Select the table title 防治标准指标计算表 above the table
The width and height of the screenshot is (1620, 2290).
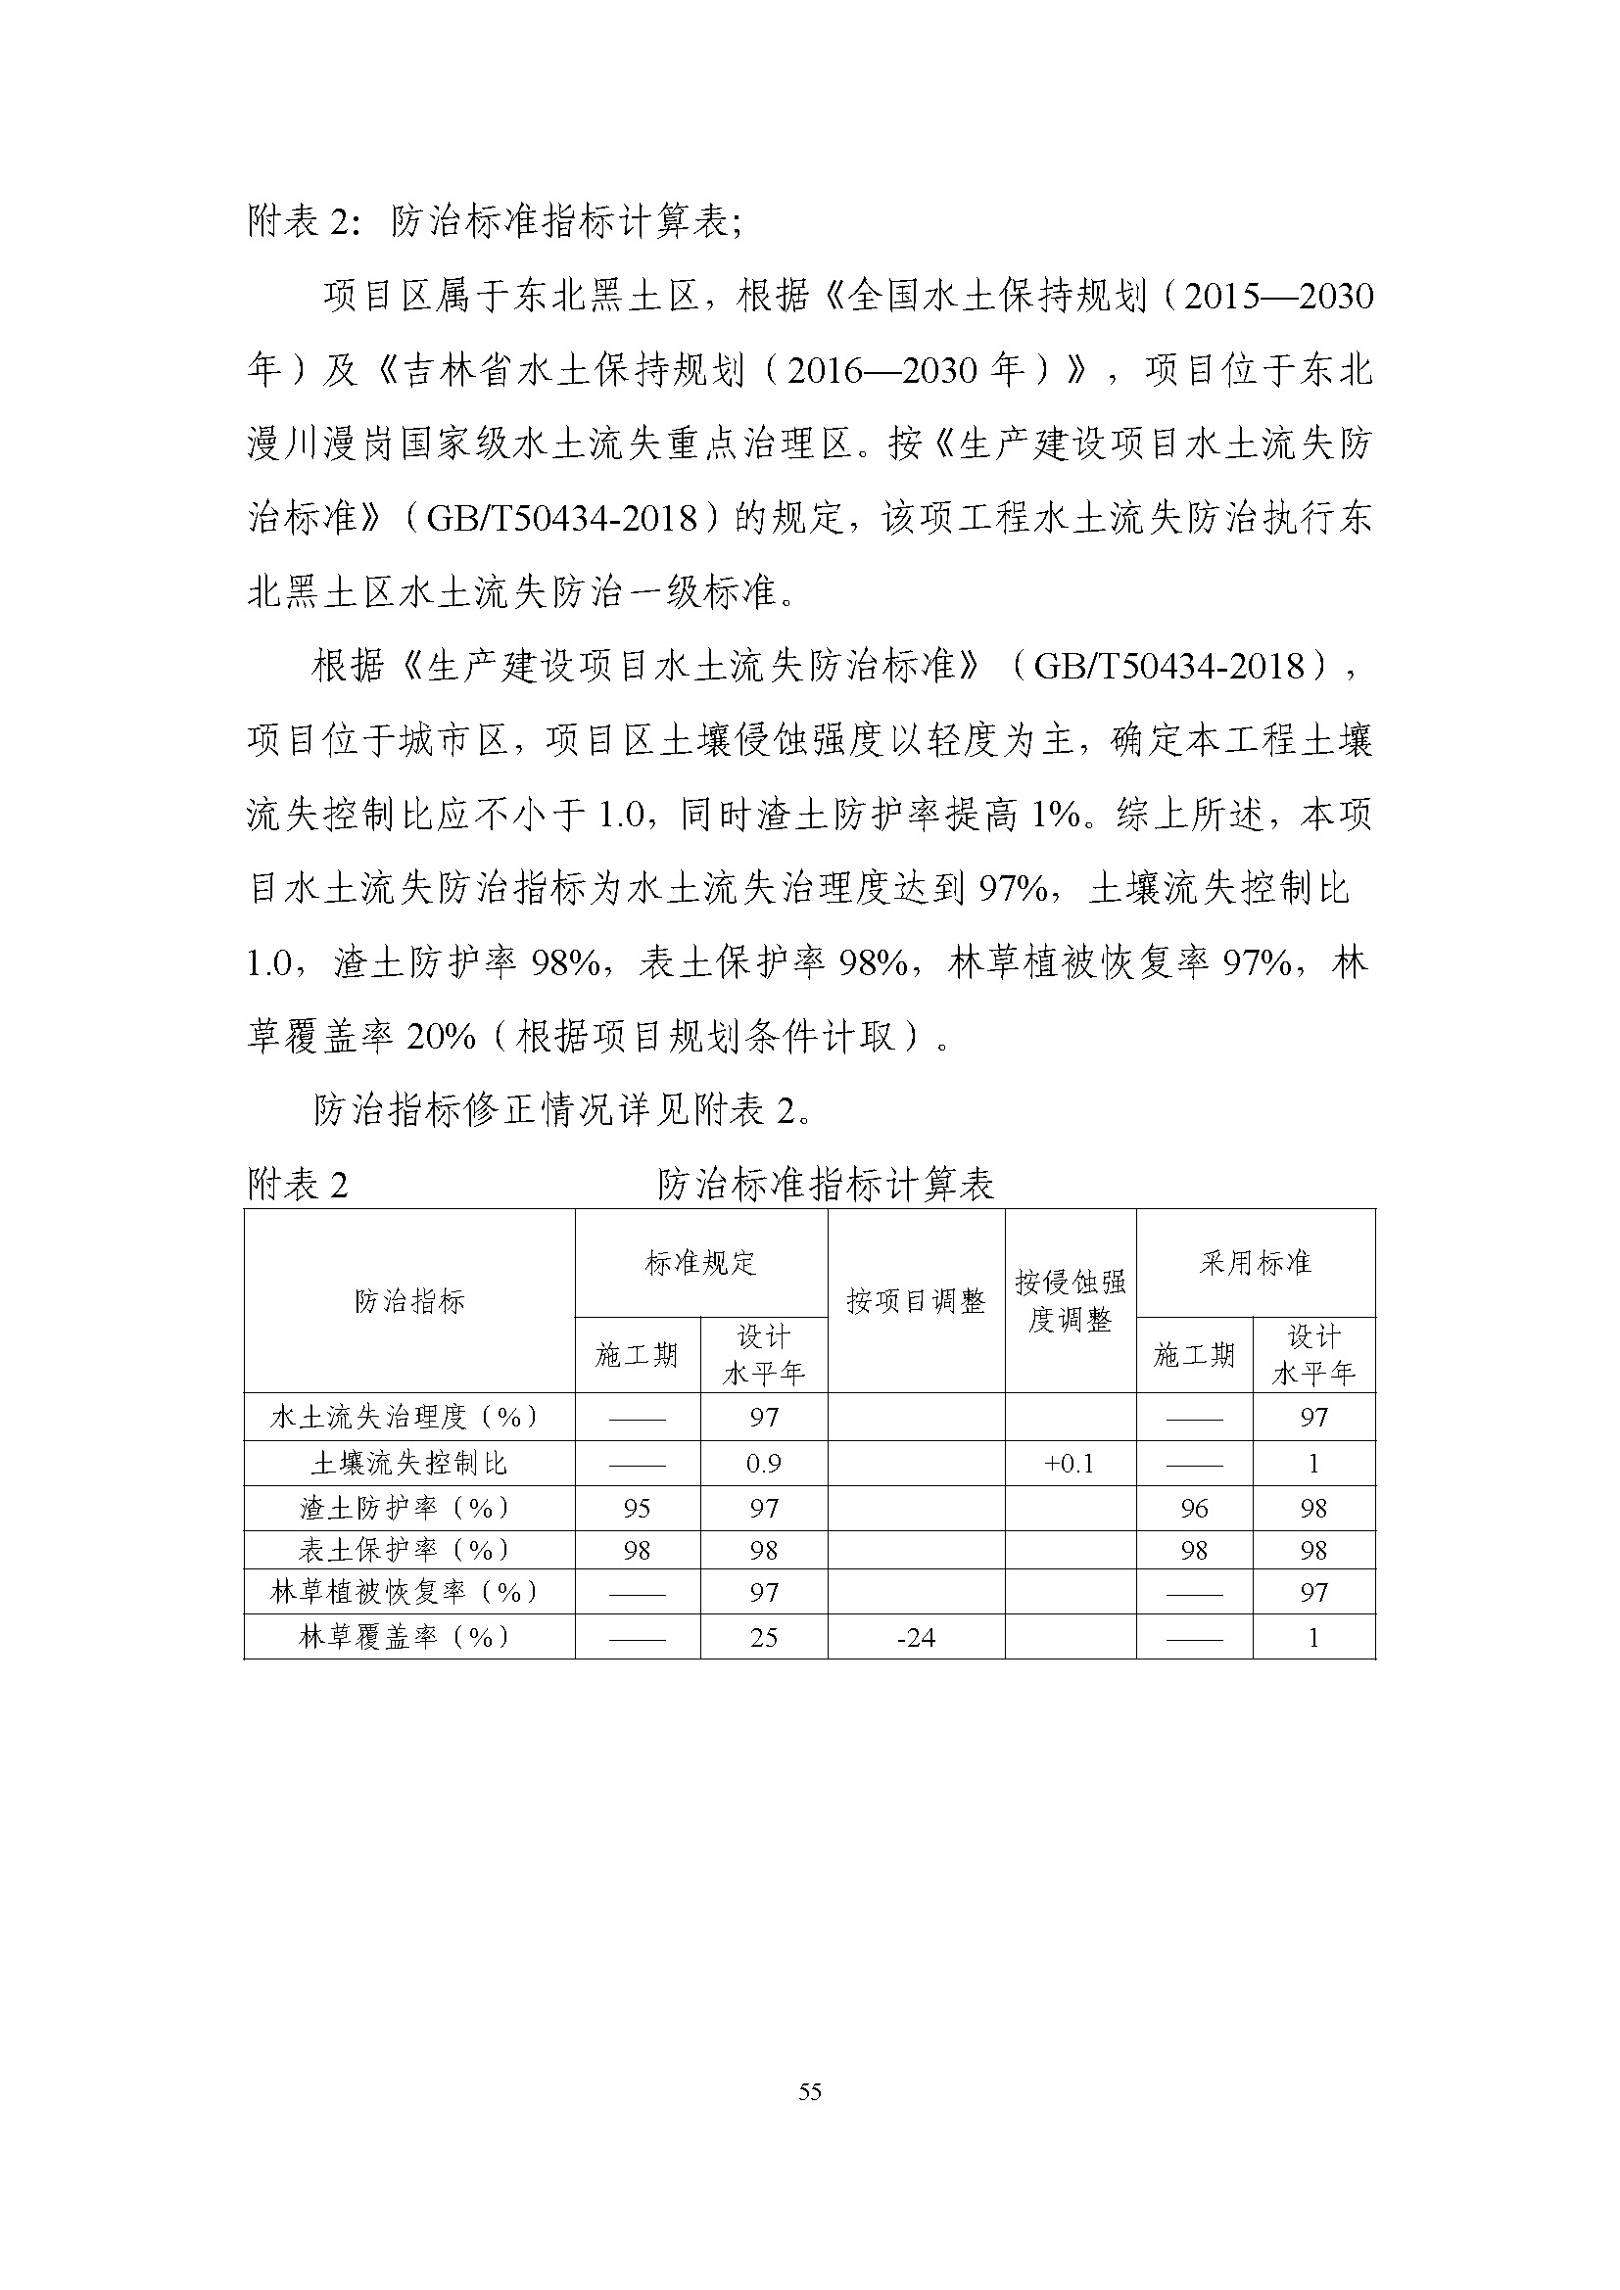pyautogui.click(x=825, y=1185)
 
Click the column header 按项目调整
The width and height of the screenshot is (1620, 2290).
pyautogui.click(x=916, y=1300)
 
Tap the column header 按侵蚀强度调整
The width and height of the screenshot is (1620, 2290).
pyautogui.click(x=1070, y=1300)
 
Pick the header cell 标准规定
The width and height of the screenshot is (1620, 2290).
pyautogui.click(x=700, y=1263)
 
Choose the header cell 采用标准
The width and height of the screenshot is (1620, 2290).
pyautogui.click(x=1255, y=1263)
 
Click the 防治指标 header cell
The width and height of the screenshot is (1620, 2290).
pyautogui.click(x=409, y=1300)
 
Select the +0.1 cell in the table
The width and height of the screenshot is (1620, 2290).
pyautogui.click(x=1070, y=1463)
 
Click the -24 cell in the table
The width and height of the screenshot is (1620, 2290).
pyautogui.click(x=916, y=1638)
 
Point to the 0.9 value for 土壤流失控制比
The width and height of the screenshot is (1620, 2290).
pyautogui.click(x=763, y=1463)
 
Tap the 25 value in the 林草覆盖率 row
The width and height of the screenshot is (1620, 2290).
pyautogui.click(x=763, y=1638)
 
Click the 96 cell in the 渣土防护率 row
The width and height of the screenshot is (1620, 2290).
pyautogui.click(x=1194, y=1508)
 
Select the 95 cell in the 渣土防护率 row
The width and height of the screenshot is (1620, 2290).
pyautogui.click(x=637, y=1508)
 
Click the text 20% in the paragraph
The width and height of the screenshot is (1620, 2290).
pyautogui.click(x=440, y=1037)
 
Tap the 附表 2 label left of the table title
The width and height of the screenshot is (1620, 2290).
pyautogui.click(x=298, y=1185)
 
